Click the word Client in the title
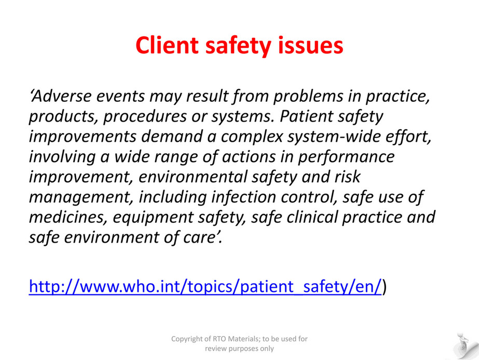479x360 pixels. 167,45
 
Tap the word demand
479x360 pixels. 172,136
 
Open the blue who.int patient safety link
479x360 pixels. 206,287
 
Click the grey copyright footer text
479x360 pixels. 239,343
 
